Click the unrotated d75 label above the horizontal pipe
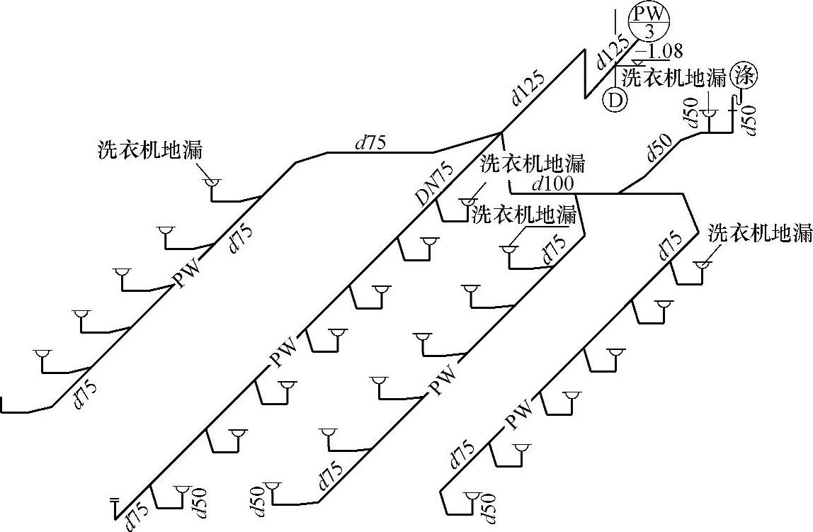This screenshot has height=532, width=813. [370, 142]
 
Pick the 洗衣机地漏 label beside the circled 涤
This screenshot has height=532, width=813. [674, 77]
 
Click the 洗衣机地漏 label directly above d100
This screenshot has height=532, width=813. [533, 164]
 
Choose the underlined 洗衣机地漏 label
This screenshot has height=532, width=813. [524, 214]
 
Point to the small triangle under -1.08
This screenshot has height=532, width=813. [642, 62]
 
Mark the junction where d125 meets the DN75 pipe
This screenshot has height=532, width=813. [501, 132]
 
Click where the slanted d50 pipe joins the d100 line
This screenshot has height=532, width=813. [619, 192]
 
